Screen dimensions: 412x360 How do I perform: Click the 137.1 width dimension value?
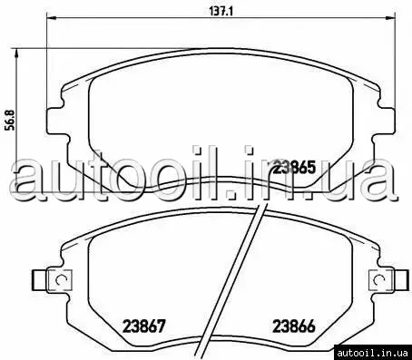(x=221, y=11)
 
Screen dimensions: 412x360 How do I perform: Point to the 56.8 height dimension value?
(x=10, y=120)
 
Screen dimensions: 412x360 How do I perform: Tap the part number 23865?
(x=294, y=167)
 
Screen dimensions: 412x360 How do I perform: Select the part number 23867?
(x=143, y=326)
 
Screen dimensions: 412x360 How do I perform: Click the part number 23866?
(x=294, y=326)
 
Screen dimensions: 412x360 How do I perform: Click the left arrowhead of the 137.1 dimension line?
(x=51, y=17)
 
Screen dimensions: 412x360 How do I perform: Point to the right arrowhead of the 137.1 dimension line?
(x=390, y=17)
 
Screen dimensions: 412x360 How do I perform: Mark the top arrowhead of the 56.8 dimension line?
(x=16, y=53)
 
